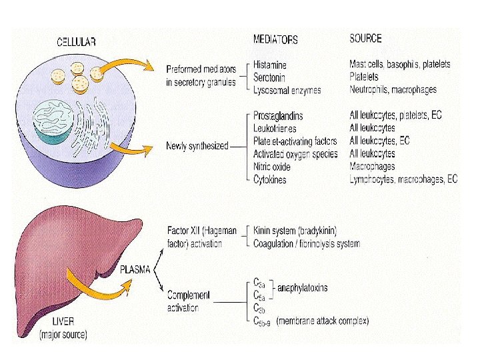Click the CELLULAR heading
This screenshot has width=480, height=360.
76,41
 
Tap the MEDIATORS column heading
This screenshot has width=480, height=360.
275,39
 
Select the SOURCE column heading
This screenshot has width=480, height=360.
365,39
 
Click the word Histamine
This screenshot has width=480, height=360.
270,65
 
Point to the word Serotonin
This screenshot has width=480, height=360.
269,77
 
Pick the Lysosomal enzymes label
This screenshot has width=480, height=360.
287,90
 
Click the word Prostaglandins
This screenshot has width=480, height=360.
278,116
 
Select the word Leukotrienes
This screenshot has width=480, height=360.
275,128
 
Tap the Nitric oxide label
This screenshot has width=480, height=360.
272,167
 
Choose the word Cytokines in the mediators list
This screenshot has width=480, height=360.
270,179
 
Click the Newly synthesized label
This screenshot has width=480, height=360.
197,146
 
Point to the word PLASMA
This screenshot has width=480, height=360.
135,271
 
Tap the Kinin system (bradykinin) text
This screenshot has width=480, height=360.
295,231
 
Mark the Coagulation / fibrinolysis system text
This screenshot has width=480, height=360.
307,243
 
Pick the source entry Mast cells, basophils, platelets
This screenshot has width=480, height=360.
399,64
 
